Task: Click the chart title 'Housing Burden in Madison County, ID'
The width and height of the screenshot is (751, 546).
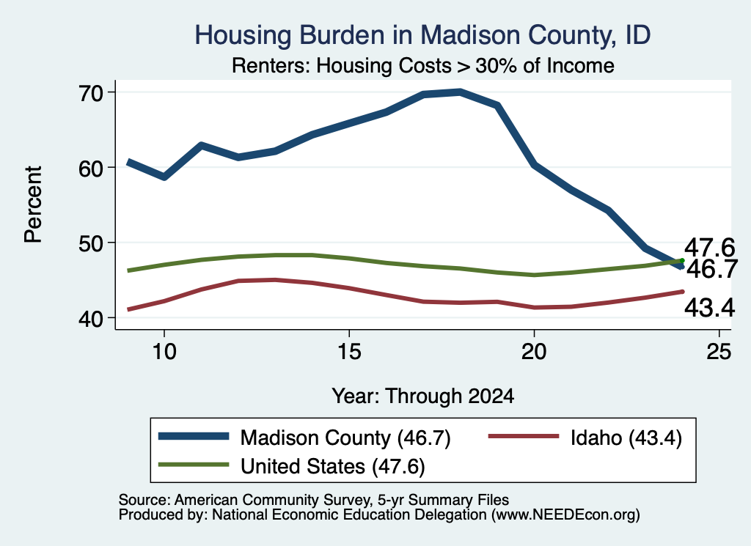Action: coord(422,35)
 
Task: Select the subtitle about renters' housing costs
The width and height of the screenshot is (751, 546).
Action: coord(423,65)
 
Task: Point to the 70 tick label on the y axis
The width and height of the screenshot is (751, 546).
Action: coord(90,92)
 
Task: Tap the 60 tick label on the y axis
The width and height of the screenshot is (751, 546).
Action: coord(90,168)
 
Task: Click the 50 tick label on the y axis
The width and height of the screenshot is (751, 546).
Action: coord(90,243)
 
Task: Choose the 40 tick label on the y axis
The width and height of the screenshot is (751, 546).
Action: coord(90,319)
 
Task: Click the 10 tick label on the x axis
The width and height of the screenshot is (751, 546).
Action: coord(164,352)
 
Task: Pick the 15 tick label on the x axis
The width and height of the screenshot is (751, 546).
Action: coord(349,352)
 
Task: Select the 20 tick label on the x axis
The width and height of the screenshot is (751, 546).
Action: coord(534,352)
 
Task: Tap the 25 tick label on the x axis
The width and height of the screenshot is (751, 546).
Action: coord(719,352)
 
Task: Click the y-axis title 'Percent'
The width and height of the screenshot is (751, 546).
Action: coord(34,204)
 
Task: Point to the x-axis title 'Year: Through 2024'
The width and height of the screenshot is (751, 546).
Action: coord(423,396)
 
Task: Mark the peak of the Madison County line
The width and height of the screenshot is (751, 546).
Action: coord(460,92)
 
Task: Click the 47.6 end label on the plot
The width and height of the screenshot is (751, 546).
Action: coord(709,248)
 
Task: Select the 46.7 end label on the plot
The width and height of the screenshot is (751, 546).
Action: coord(712,269)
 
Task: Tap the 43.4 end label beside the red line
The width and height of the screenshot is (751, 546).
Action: coord(709,307)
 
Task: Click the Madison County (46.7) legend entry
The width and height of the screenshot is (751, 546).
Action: coord(304,438)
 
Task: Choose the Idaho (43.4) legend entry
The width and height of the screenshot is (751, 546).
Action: coord(585,438)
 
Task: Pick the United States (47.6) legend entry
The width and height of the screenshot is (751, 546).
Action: coord(292,466)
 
